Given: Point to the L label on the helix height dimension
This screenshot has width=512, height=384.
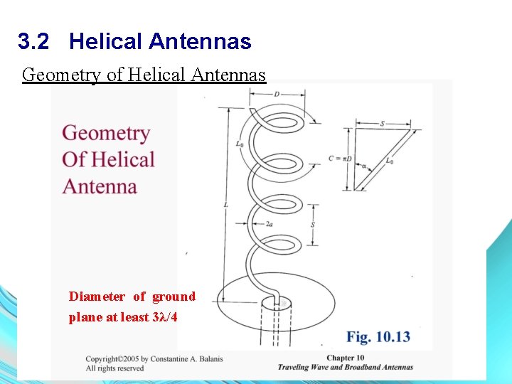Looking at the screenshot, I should pyautogui.click(x=225, y=206).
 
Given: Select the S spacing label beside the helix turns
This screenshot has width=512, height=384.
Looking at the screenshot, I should pyautogui.click(x=314, y=225).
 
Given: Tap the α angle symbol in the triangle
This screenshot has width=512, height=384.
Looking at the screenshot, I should pyautogui.click(x=364, y=166).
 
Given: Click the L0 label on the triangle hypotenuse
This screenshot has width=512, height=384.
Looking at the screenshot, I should pyautogui.click(x=390, y=161).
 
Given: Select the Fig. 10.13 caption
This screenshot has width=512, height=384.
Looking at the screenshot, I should pyautogui.click(x=378, y=336).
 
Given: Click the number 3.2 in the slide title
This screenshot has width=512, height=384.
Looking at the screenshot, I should pyautogui.click(x=33, y=42).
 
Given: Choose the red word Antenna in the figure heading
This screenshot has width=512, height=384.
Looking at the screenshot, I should pyautogui.click(x=100, y=186).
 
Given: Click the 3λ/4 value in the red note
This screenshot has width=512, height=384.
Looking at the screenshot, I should pyautogui.click(x=165, y=317).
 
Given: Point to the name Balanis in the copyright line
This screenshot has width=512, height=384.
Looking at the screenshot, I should pyautogui.click(x=206, y=358).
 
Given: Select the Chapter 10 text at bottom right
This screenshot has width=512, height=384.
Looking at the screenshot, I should pyautogui.click(x=346, y=358).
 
